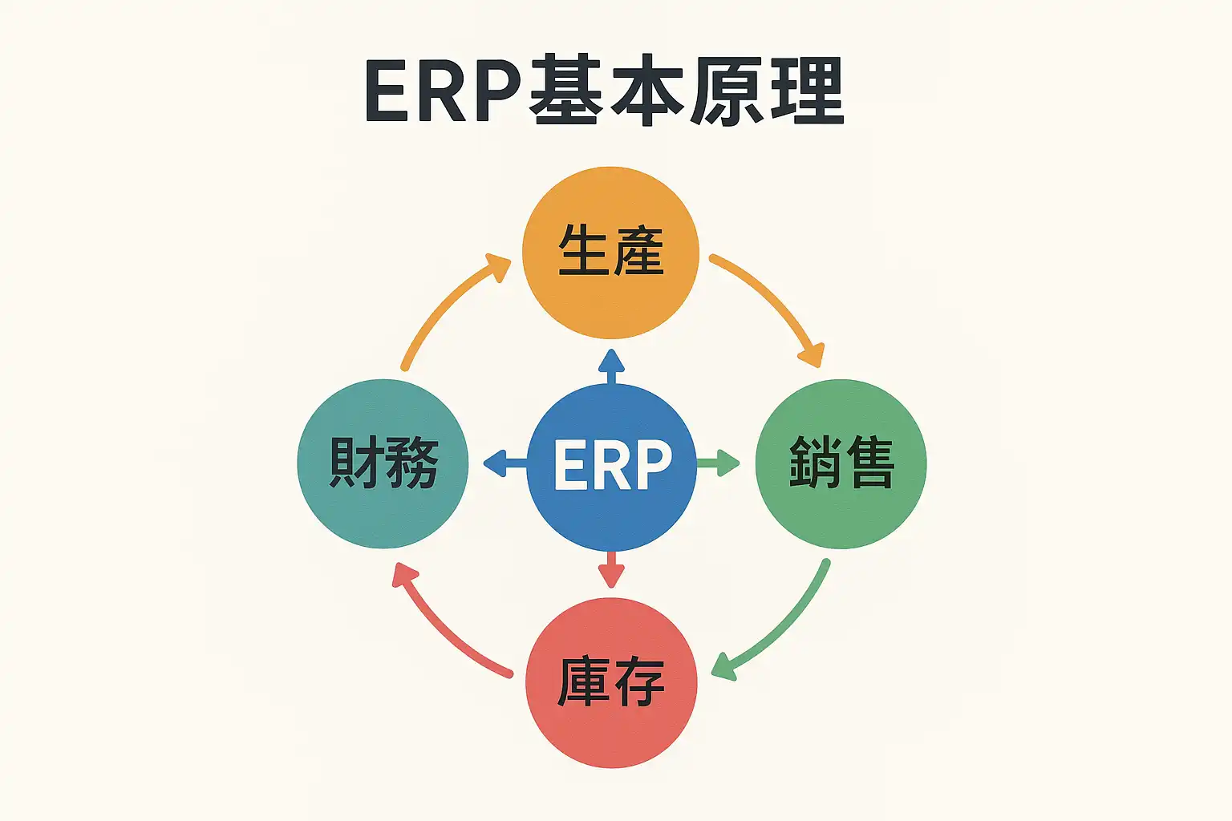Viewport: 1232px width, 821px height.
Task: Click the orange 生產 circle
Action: click(x=610, y=253)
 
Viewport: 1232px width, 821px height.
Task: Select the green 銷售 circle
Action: click(x=841, y=463)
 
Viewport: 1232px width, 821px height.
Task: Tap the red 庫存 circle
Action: click(x=611, y=682)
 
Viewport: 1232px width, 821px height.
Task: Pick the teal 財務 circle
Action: click(x=383, y=463)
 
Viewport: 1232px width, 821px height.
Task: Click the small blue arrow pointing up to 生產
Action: click(x=611, y=366)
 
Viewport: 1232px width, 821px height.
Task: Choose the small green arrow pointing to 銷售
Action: click(x=718, y=463)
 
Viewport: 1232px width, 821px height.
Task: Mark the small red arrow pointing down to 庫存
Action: click(x=611, y=569)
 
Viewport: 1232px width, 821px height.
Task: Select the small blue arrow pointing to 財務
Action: click(x=504, y=463)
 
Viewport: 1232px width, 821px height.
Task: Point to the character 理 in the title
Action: click(x=807, y=91)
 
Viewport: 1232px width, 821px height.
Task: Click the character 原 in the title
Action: click(x=727, y=91)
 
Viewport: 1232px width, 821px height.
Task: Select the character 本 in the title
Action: click(x=646, y=91)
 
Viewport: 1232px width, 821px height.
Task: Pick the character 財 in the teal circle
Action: click(x=355, y=463)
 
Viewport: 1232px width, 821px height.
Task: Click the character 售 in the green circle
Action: click(x=869, y=463)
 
